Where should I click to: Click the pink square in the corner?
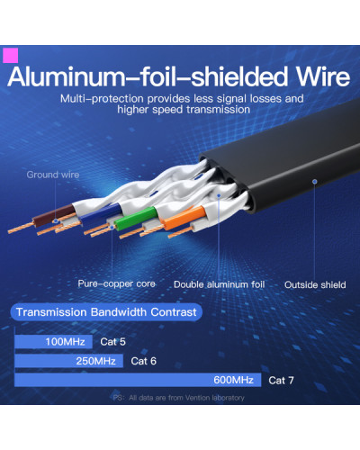tap(11, 56)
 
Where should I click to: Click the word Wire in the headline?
tap(323, 76)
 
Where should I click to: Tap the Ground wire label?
tap(53, 175)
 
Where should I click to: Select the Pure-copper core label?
tap(116, 283)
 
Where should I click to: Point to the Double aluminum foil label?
tap(219, 284)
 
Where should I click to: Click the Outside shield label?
tap(315, 284)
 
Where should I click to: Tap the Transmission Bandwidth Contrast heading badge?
tap(106, 312)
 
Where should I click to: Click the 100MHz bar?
tap(53, 342)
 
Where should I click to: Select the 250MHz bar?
tap(68, 361)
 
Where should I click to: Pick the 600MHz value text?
tap(233, 380)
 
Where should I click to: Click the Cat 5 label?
tap(112, 342)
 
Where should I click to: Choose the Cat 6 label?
tap(143, 361)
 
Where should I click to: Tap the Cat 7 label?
tap(281, 381)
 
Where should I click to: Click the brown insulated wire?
tap(54, 216)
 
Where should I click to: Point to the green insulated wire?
tap(136, 219)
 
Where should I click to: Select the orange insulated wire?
tap(184, 218)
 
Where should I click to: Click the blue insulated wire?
tap(101, 213)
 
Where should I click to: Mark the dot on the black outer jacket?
tap(315, 182)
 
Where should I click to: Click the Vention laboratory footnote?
tap(179, 398)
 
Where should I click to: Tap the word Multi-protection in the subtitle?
tap(102, 99)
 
